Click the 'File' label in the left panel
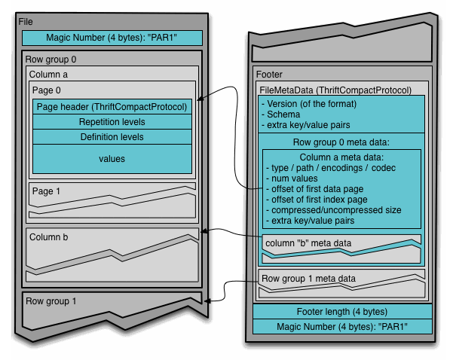[26, 22]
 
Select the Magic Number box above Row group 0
[112, 38]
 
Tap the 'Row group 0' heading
[51, 59]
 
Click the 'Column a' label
[48, 75]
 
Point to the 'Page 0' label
[47, 90]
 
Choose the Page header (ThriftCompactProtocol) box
[112, 107]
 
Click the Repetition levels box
[112, 122]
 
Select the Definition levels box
[112, 137]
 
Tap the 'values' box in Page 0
[112, 159]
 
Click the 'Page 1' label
[46, 191]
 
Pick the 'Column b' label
[48, 237]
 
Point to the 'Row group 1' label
[51, 301]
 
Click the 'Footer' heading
[269, 75]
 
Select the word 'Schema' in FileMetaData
[283, 114]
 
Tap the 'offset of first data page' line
[314, 189]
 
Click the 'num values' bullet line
[292, 178]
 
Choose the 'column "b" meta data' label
[308, 243]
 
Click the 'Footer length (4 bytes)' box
[342, 312]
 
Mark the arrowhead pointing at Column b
[204, 231]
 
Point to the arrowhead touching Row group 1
[207, 301]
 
